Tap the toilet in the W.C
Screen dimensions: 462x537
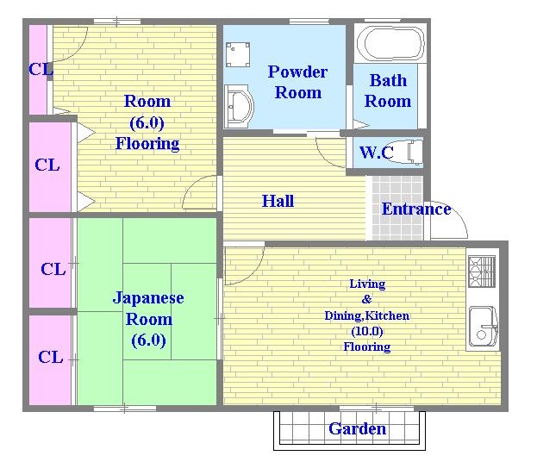[x=409, y=152]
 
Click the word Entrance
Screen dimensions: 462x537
[x=416, y=209]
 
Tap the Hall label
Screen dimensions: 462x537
[x=278, y=201]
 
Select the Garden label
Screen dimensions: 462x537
[x=357, y=428]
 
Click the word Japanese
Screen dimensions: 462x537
[x=148, y=298]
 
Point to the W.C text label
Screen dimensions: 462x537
[x=376, y=153]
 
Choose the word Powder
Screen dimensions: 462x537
[x=297, y=72]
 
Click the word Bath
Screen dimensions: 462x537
[x=388, y=81]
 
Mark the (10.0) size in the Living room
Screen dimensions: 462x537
[x=367, y=331]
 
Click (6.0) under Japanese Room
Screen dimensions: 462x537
[x=148, y=340]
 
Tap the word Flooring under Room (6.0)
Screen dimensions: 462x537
[x=147, y=144]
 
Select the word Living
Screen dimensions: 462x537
[x=367, y=284]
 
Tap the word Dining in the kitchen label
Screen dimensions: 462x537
[x=342, y=315]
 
